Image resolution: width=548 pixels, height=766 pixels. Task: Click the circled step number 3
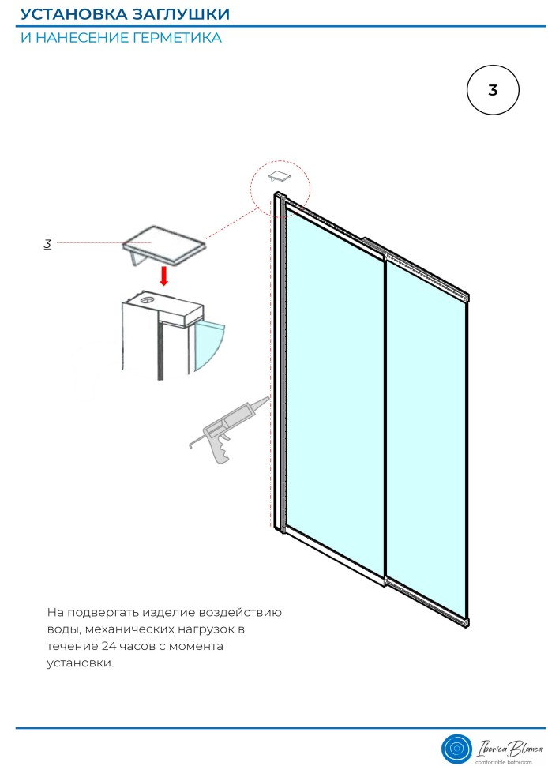click(x=492, y=90)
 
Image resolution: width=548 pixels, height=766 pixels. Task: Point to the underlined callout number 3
click(x=47, y=244)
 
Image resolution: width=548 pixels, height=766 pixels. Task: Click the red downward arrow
click(x=164, y=276)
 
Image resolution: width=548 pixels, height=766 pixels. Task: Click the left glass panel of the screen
click(x=334, y=391)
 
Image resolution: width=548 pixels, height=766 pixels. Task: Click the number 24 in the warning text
click(x=109, y=646)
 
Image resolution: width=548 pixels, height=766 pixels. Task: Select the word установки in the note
click(x=80, y=663)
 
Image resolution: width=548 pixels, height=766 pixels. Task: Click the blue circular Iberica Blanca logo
click(x=456, y=749)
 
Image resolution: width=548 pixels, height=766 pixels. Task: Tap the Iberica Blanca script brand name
click(x=509, y=748)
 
